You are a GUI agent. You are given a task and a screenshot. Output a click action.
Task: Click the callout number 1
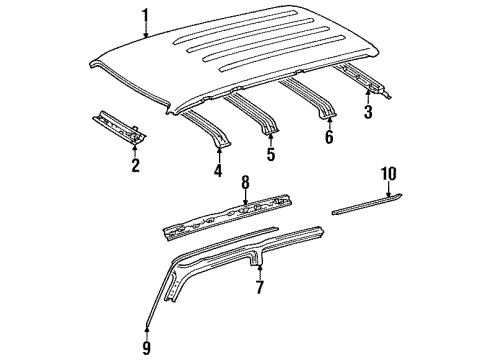(x=145, y=16)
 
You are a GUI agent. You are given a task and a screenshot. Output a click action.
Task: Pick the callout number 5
(x=269, y=156)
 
